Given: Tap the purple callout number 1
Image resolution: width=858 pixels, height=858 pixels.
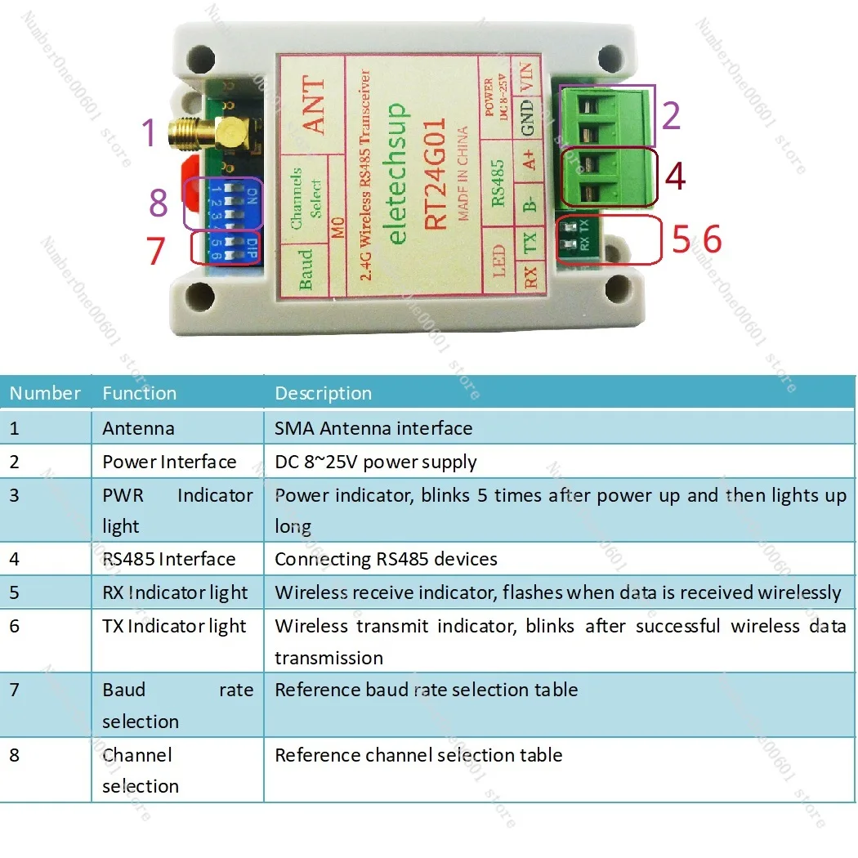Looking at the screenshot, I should click(148, 133).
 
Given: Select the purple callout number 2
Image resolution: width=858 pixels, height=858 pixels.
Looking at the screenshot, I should click(671, 116).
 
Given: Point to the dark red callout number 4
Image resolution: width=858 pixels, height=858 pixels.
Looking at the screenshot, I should click(675, 176).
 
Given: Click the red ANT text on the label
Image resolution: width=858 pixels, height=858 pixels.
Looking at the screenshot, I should click(314, 107).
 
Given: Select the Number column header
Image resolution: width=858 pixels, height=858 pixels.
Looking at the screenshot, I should click(45, 393).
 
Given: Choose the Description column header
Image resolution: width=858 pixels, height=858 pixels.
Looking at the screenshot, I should click(323, 393).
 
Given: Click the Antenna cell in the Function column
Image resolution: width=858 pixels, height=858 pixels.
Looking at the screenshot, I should click(138, 428).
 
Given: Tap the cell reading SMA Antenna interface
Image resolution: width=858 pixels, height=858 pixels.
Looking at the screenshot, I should click(373, 428).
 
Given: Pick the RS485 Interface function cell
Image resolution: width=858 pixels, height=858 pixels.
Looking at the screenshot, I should click(168, 559).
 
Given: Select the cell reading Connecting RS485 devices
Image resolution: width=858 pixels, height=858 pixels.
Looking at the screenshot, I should click(386, 559).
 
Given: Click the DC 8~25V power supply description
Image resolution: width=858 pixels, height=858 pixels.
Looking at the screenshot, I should click(375, 462).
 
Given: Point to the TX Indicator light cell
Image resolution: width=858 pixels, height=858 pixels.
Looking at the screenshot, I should click(174, 626).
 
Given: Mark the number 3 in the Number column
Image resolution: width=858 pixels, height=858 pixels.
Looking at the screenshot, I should click(14, 495).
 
